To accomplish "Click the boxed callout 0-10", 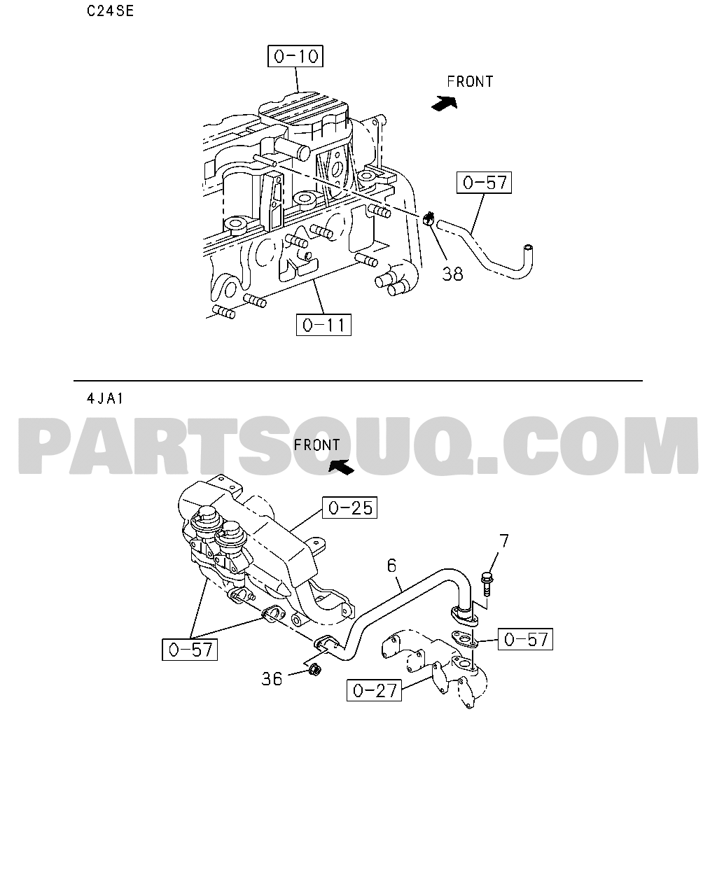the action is [x=295, y=56].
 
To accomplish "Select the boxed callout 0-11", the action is [x=323, y=325].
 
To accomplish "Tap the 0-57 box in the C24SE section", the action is [x=484, y=183].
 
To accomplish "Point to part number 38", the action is [x=452, y=274].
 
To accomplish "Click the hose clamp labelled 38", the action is [x=429, y=218].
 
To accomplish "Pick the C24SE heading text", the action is [x=111, y=11].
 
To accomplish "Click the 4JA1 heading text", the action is [x=105, y=399].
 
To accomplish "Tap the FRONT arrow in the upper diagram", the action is [x=444, y=102].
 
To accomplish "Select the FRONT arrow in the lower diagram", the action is [x=341, y=467].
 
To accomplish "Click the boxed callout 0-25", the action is [x=349, y=507].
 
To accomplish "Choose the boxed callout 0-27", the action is [x=374, y=690].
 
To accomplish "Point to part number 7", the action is [x=504, y=541].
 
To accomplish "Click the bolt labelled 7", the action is [x=487, y=584].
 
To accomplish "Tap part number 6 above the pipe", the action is [x=391, y=566].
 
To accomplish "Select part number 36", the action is [x=272, y=679].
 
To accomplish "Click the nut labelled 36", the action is [x=315, y=670].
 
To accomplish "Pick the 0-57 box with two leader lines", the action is [x=190, y=650].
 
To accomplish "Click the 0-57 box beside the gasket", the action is [x=525, y=639].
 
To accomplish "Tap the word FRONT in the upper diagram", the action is [x=470, y=82].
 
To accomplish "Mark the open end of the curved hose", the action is [x=527, y=248].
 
